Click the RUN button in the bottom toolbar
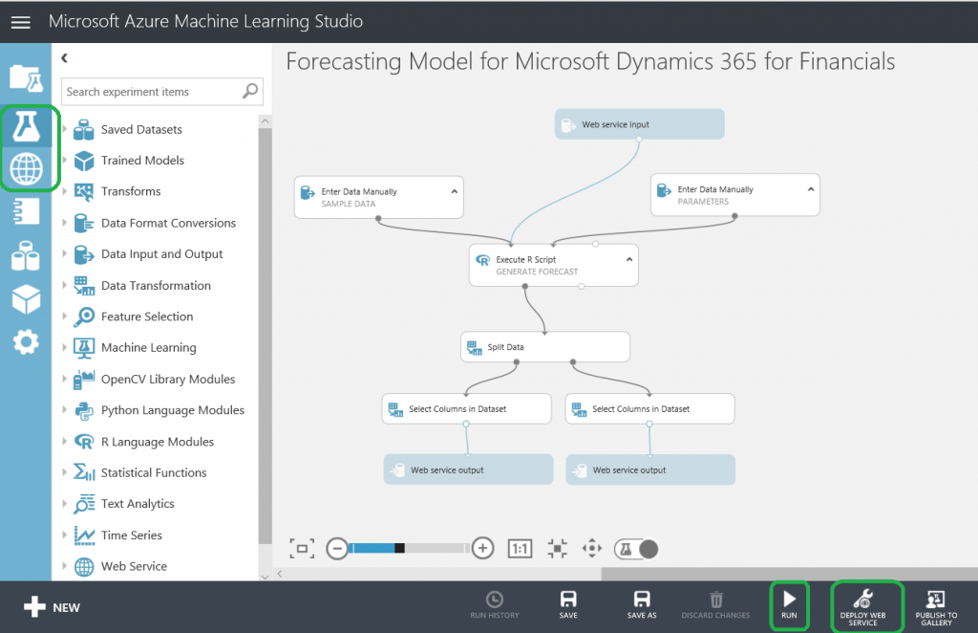789,604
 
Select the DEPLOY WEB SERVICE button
862,606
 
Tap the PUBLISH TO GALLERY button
935,606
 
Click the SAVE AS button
642,604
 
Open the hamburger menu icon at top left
20,21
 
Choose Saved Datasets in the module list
141,129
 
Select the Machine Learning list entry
148,348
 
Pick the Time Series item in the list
132,535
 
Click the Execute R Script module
553,265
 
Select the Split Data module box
544,347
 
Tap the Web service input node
639,124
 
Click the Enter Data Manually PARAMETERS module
734,195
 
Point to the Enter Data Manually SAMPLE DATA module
378,197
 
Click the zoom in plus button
482,548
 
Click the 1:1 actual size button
520,549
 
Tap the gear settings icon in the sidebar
26,341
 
